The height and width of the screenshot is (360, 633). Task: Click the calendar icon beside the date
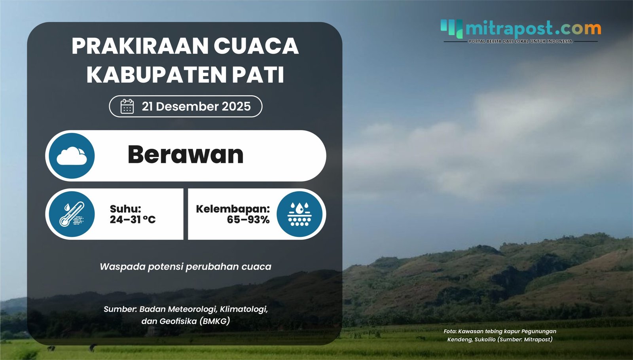click(127, 106)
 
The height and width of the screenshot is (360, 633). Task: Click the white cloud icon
click(72, 156)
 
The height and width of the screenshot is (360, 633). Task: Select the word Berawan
click(185, 155)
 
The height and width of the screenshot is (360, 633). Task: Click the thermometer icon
click(72, 214)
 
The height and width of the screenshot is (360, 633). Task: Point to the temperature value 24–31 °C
click(133, 220)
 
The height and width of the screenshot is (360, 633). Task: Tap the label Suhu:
click(125, 209)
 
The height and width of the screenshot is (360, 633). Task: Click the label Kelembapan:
click(233, 209)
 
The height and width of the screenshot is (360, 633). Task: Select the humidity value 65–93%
click(248, 220)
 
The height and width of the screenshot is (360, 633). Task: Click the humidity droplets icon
click(299, 214)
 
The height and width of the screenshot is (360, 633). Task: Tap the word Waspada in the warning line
click(122, 267)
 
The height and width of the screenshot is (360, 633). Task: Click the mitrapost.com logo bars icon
click(451, 28)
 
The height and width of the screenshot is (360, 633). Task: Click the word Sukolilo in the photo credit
click(485, 339)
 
